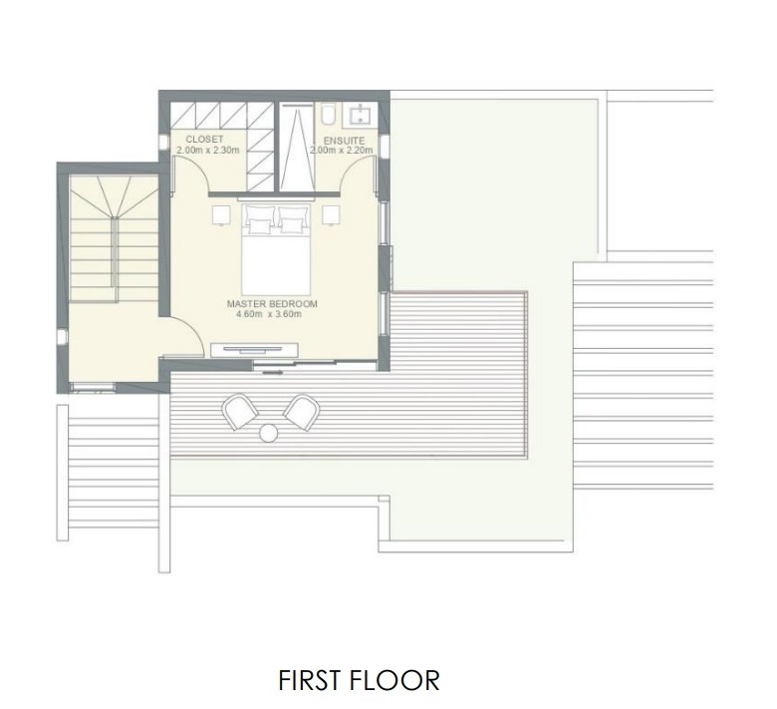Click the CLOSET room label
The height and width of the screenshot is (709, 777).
[204, 140]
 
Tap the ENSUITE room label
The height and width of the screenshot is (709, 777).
[344, 141]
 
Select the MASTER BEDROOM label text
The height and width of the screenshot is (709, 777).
[272, 304]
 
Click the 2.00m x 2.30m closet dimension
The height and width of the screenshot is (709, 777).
[207, 150]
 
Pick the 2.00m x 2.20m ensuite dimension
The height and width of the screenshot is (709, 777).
[342, 151]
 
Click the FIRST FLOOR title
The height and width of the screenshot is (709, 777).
[359, 680]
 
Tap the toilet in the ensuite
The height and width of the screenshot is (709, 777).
[328, 115]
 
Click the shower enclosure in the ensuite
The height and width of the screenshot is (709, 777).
[296, 147]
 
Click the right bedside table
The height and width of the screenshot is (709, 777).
[331, 215]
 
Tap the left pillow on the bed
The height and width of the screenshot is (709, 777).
[258, 216]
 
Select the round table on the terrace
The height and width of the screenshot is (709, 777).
[269, 433]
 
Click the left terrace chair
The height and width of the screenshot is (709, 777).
[240, 411]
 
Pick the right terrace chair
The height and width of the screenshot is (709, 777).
[301, 412]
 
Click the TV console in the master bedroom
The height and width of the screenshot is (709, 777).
[255, 350]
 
